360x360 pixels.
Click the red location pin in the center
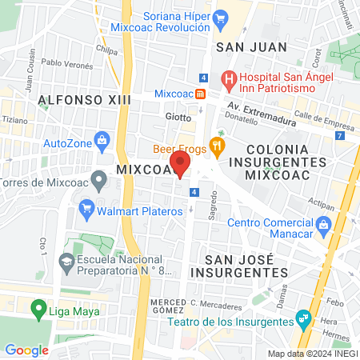tap(181, 166)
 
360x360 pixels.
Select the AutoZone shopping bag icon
tap(102, 143)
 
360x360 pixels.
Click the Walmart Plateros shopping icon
tap(87, 212)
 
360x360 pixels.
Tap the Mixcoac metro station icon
tap(200, 93)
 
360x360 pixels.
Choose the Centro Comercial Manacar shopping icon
tap(323, 223)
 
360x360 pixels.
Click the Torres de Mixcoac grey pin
tap(98, 180)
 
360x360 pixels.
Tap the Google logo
tap(26, 350)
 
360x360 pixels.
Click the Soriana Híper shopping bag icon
tap(220, 16)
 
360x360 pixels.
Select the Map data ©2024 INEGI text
tap(312, 354)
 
